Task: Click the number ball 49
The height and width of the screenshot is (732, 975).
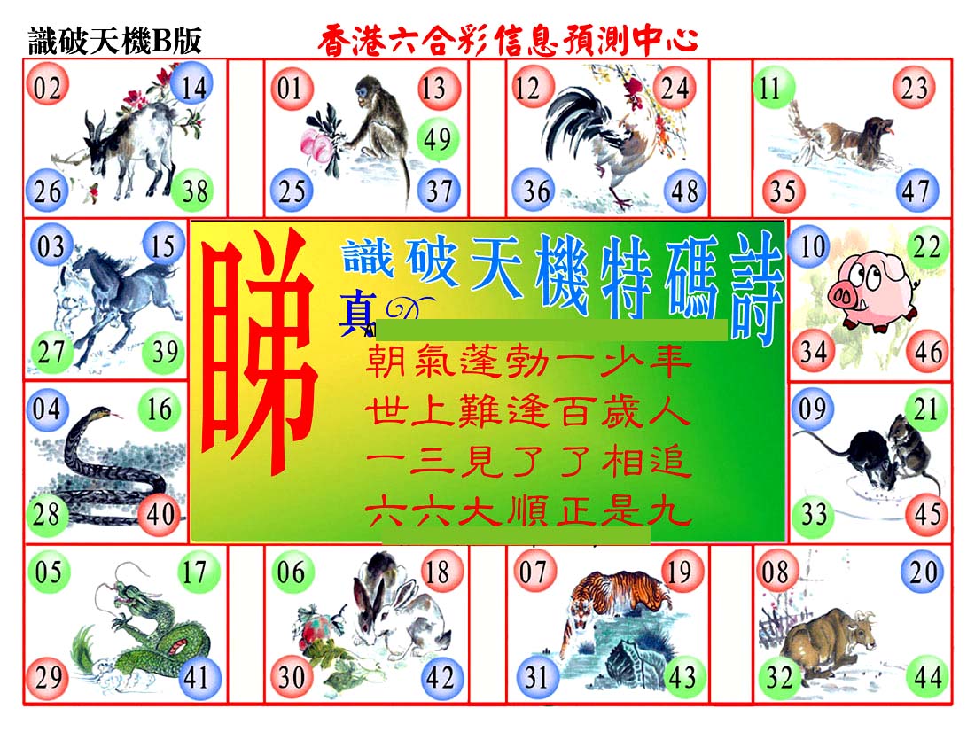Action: pos(438,138)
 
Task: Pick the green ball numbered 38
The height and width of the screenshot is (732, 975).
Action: pos(194,190)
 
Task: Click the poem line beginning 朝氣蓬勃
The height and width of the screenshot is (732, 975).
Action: pos(528,360)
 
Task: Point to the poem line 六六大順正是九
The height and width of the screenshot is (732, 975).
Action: pos(528,512)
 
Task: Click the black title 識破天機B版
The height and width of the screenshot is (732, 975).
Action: pos(115,41)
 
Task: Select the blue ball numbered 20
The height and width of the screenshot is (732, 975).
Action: pos(923,572)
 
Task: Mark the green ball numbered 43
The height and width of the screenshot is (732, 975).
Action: pos(682,677)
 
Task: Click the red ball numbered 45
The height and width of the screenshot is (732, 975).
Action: pos(928,514)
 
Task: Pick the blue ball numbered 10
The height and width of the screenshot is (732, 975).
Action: pos(811,246)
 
